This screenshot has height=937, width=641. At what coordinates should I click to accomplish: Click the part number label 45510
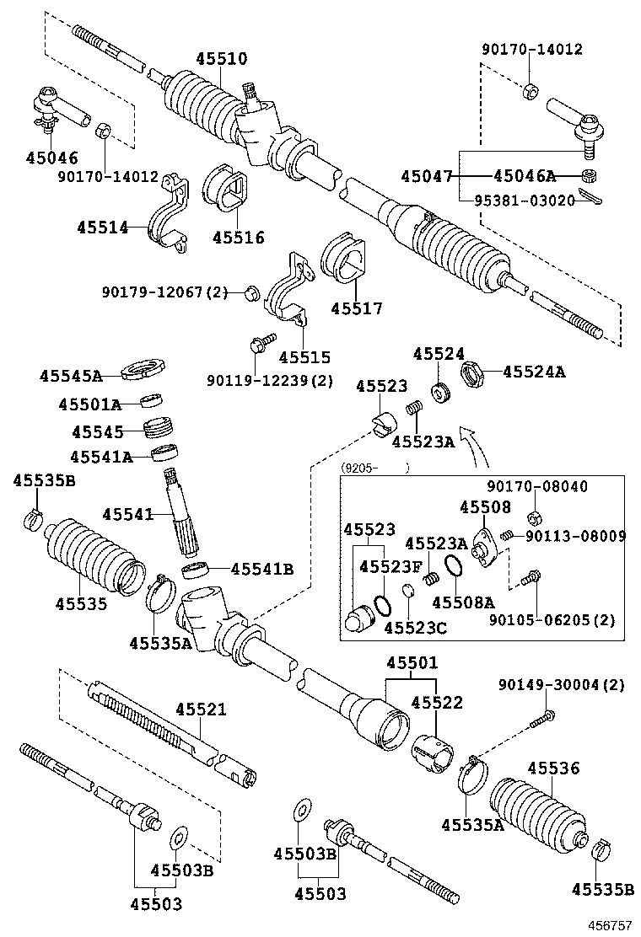pyautogui.click(x=222, y=59)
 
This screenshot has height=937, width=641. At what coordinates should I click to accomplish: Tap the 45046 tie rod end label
pyautogui.click(x=51, y=158)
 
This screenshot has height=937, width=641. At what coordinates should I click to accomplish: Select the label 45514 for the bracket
pyautogui.click(x=102, y=228)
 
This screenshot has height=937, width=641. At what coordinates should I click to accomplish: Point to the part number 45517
pyautogui.click(x=356, y=309)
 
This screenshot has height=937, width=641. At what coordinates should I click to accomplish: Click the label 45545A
pyautogui.click(x=70, y=376)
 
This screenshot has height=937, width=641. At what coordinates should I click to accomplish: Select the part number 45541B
pyautogui.click(x=261, y=569)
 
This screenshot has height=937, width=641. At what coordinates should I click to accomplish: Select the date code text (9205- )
pyautogui.click(x=375, y=468)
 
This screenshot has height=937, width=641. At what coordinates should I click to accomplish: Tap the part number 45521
pyautogui.click(x=201, y=709)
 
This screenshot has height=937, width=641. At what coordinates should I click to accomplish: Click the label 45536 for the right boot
pyautogui.click(x=553, y=768)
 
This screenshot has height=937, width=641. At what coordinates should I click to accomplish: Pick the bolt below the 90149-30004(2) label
pyautogui.click(x=543, y=719)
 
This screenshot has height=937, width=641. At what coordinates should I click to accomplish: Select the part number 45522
pyautogui.click(x=437, y=703)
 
